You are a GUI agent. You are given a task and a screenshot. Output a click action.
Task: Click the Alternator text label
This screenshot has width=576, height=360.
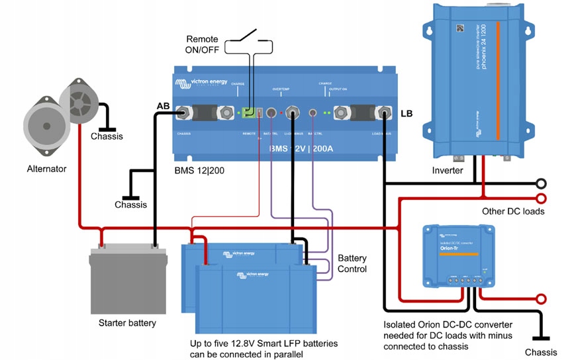pyautogui.click(x=46, y=169)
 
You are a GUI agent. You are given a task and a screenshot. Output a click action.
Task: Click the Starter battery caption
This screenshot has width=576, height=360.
pyautogui.click(x=127, y=323)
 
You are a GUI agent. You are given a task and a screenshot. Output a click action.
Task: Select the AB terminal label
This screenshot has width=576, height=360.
pyautogui.click(x=163, y=106)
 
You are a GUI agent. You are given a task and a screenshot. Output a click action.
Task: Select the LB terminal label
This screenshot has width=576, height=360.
pyautogui.click(x=407, y=113)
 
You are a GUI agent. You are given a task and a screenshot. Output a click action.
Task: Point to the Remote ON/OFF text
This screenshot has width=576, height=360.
pyautogui.click(x=202, y=46)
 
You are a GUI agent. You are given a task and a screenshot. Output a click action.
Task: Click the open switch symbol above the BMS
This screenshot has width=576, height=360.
pyautogui.click(x=248, y=34)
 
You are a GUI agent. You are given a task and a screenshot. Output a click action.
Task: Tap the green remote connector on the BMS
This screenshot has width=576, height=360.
pyautogui.click(x=249, y=114)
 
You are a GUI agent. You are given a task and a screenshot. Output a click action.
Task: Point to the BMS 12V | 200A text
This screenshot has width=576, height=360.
pyautogui.click(x=301, y=149)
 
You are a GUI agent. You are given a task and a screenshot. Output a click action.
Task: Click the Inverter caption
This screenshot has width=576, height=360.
pyautogui.click(x=447, y=170)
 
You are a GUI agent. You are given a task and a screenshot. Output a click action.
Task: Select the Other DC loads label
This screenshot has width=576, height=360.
pyautogui.click(x=513, y=212)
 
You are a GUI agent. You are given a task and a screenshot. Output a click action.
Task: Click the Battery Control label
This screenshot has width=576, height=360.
pyautogui.click(x=352, y=263)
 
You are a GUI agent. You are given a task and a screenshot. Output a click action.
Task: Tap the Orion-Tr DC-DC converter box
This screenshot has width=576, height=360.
pyautogui.click(x=458, y=256)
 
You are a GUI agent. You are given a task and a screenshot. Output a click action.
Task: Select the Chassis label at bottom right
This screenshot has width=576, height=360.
pyautogui.click(x=541, y=352)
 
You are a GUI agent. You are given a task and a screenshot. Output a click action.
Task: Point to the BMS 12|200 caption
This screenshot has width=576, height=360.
pyautogui.click(x=191, y=170)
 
